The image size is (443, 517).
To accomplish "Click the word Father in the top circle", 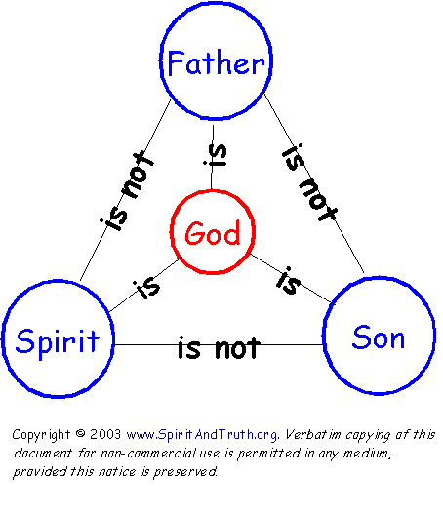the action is click(x=216, y=62).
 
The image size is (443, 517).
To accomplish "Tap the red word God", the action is click(x=213, y=233).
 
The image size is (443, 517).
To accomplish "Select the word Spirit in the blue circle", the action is click(x=58, y=342).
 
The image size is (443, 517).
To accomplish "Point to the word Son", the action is click(x=379, y=337).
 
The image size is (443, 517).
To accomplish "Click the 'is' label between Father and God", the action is click(x=216, y=155).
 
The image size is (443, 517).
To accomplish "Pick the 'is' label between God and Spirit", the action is click(x=146, y=286).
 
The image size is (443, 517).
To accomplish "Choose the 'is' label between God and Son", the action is click(x=289, y=280).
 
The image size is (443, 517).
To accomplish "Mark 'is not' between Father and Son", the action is click(x=309, y=182).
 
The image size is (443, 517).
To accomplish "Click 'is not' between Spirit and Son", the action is click(x=219, y=347).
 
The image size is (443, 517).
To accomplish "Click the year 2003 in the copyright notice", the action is click(x=105, y=434).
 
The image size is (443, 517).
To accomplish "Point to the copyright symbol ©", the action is click(x=80, y=433).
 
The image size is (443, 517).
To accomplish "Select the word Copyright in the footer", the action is click(x=41, y=435).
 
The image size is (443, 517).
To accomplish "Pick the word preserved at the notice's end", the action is click(x=185, y=472).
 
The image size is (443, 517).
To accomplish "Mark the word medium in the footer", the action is click(x=367, y=454).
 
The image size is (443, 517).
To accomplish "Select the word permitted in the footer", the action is click(x=269, y=454).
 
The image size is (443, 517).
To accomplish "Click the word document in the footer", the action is click(x=43, y=454).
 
